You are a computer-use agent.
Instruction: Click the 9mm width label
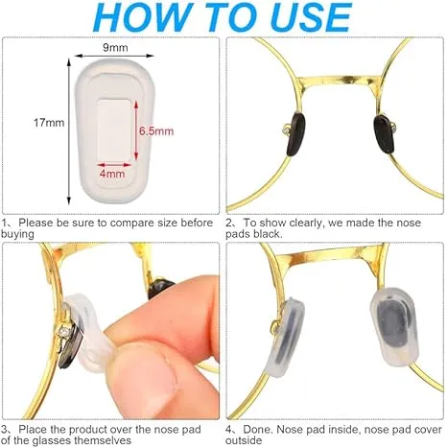tap(115, 47)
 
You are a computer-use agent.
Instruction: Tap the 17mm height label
tap(49, 123)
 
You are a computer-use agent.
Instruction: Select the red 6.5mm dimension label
tap(156, 131)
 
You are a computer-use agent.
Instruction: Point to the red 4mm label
tap(112, 174)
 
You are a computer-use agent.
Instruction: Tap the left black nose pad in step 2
tap(295, 134)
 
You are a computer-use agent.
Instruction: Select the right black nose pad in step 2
tap(384, 134)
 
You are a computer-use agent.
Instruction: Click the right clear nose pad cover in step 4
tap(395, 327)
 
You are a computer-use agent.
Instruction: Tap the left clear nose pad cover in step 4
tap(287, 337)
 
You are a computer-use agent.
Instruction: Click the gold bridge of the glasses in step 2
tap(340, 80)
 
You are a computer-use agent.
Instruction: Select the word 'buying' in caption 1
tap(17, 234)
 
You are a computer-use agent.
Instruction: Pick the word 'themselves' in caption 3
tap(103, 440)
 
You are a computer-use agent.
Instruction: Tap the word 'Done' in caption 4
tap(258, 429)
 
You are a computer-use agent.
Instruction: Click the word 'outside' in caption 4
tap(244, 440)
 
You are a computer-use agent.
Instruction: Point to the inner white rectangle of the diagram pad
tap(114, 130)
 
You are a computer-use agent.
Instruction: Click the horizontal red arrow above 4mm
tap(114, 165)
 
